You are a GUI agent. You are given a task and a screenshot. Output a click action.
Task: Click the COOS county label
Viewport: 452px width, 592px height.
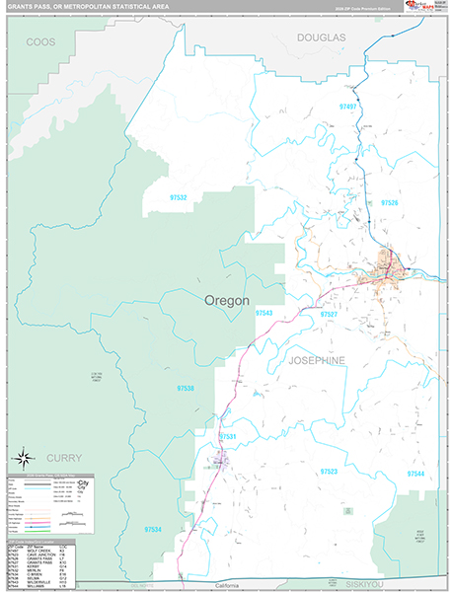click(40, 42)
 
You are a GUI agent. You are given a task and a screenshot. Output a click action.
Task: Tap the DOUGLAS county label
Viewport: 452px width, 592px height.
click(321, 37)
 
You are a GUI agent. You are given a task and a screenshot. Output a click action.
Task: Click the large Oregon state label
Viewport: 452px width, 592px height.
click(226, 300)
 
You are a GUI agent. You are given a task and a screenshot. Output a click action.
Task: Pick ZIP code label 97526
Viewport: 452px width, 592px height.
click(388, 202)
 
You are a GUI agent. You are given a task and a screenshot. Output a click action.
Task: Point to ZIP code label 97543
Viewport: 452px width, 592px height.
click(264, 313)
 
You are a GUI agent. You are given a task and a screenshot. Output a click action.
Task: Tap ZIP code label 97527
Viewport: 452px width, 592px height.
click(330, 314)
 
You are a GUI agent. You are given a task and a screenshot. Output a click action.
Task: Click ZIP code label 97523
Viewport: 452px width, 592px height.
click(328, 472)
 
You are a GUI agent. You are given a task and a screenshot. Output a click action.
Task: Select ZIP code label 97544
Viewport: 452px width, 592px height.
click(416, 474)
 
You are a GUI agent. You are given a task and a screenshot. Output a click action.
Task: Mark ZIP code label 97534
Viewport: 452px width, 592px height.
click(152, 530)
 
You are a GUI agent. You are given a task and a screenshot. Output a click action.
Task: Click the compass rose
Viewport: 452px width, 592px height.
click(24, 457)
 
